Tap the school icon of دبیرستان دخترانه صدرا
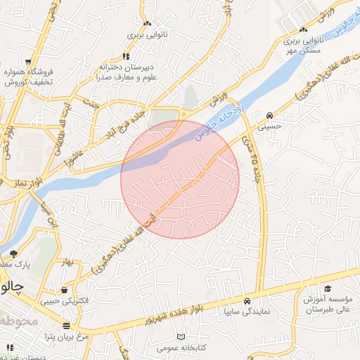coord(127,56)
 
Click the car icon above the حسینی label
coord(271,115)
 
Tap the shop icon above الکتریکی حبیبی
coord(65,290)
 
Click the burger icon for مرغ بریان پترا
coord(65,326)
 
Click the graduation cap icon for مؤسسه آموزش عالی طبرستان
coord(328,288)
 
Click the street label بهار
coord(67,262)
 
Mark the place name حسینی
coord(271,127)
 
